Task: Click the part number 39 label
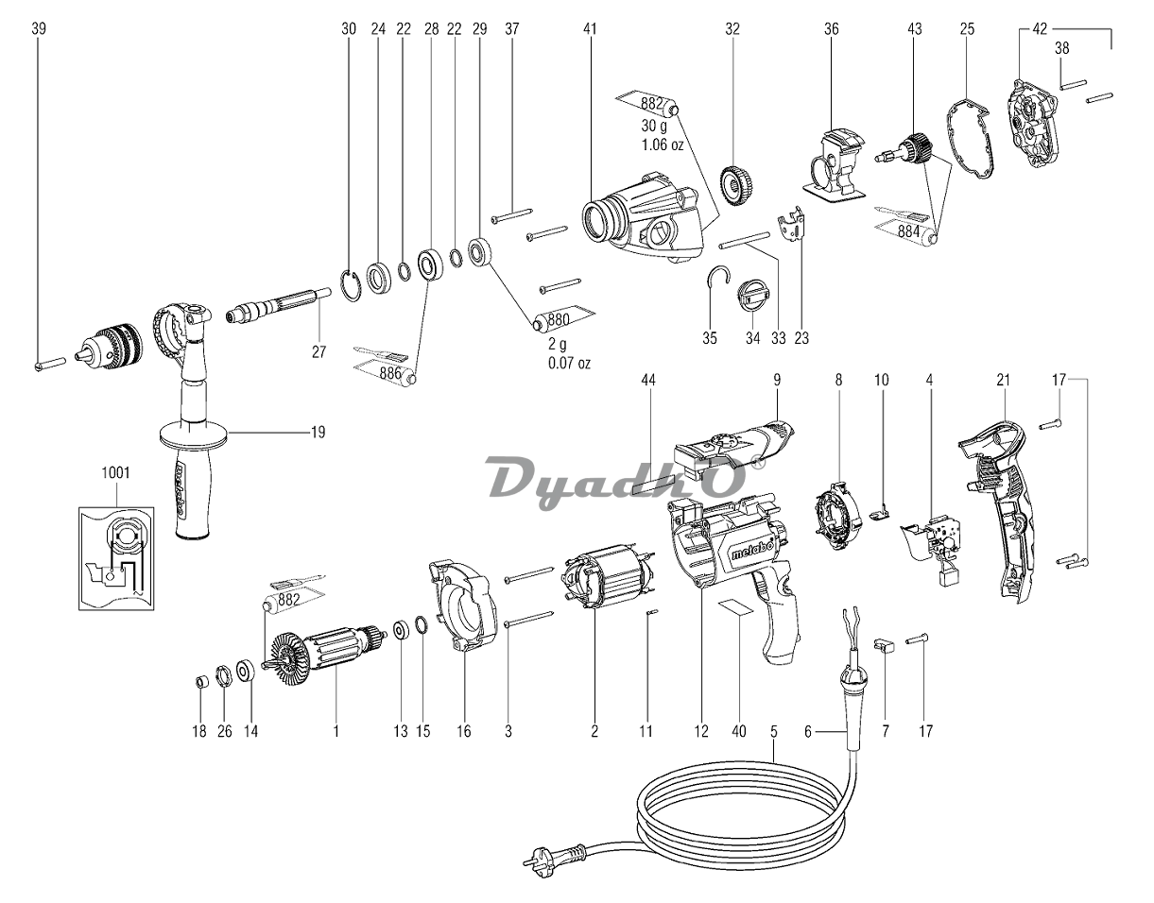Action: [x=38, y=29]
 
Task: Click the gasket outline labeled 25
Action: [x=973, y=139]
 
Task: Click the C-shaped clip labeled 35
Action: [x=719, y=281]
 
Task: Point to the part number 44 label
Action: [x=647, y=380]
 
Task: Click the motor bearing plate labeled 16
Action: [x=465, y=605]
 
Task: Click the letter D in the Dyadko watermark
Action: [x=508, y=476]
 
